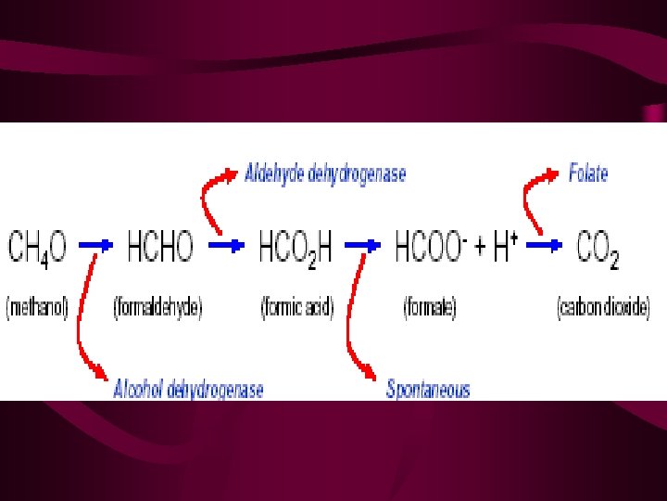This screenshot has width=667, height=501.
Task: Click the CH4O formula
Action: [37, 248]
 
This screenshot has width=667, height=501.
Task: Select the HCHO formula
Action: [154, 247]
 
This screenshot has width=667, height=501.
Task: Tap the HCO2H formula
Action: [298, 248]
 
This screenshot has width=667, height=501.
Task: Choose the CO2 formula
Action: [597, 248]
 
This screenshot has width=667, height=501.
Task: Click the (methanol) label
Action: [38, 308]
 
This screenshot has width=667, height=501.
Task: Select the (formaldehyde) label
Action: [157, 308]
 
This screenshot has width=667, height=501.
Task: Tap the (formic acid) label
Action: [297, 308]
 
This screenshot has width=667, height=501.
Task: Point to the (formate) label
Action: [430, 308]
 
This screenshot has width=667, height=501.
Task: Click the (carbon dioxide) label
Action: [603, 308]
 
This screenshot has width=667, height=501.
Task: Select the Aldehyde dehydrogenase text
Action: [325, 173]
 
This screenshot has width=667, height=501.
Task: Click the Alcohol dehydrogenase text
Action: [188, 389]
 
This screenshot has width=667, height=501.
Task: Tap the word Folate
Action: [588, 173]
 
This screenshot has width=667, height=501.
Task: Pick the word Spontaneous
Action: [428, 389]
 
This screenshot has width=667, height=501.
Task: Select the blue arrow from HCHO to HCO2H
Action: [227, 245]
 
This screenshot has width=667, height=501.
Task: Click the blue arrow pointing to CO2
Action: [545, 245]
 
